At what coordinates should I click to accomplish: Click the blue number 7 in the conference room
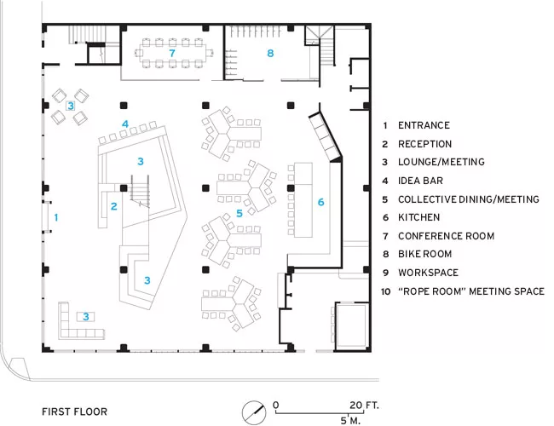coord(172,54)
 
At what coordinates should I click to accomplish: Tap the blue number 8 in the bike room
coord(270,54)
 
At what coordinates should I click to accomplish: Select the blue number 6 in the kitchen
coord(320,202)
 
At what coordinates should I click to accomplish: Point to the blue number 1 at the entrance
coord(56,217)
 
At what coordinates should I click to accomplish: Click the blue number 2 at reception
coord(113,206)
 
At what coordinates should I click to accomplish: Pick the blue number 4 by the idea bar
coord(125,124)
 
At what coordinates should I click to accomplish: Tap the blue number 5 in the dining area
coord(239,213)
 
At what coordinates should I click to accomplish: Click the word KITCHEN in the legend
coord(419,217)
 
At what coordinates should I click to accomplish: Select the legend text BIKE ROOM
coord(425,254)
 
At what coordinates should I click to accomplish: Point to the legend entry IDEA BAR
coord(420,181)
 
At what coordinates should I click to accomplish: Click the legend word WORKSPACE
coord(428,273)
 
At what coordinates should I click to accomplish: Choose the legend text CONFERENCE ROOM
coord(447,236)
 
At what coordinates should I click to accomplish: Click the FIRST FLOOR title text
coord(74,412)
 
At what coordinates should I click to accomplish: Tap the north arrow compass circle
coord(254,412)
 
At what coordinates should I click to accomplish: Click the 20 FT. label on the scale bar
coord(364,406)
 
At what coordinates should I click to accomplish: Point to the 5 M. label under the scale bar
coord(350,421)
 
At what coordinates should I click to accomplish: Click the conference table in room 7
coord(172,54)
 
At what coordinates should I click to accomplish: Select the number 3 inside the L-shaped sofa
coord(86,316)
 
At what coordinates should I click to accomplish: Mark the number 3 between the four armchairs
coord(71,106)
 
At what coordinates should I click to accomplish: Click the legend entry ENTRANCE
coord(424,125)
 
